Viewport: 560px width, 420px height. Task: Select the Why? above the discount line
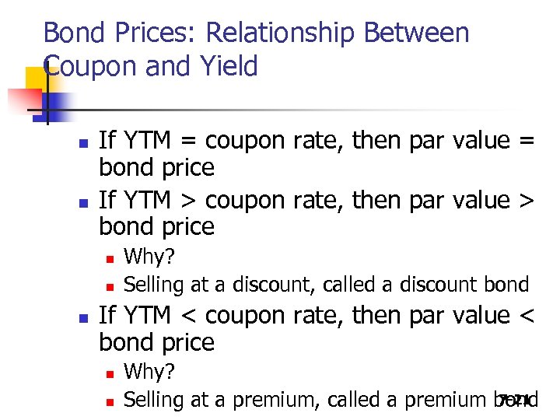149,256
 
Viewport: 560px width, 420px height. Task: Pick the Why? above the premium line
149,371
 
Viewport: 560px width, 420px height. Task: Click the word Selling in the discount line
152,284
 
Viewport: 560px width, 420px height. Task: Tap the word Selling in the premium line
152,400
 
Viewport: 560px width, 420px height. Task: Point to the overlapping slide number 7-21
515,400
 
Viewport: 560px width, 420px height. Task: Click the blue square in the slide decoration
58,103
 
